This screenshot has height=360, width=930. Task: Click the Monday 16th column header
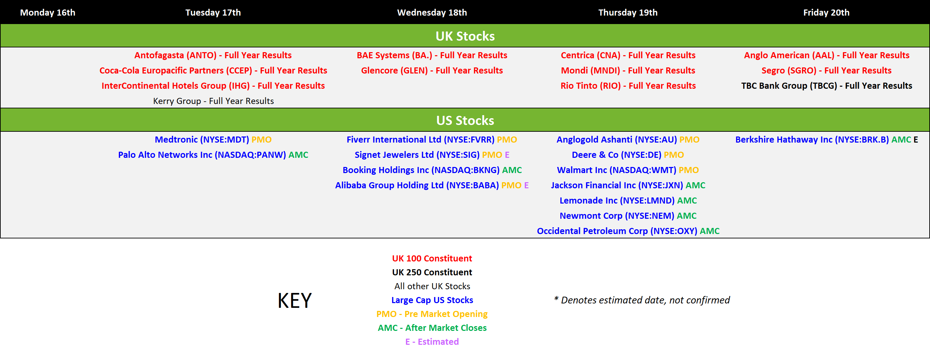click(x=48, y=13)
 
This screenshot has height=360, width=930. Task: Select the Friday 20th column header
click(x=826, y=13)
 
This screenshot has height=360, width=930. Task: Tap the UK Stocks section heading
click(x=465, y=36)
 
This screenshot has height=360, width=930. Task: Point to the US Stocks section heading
click(x=465, y=120)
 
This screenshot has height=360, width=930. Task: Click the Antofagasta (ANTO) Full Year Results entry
click(x=213, y=55)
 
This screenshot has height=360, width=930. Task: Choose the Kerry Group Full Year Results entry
click(x=213, y=101)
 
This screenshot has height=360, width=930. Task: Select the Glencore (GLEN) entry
click(x=432, y=70)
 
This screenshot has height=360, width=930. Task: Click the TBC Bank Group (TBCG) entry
click(x=826, y=86)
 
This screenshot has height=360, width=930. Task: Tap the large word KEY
click(x=295, y=300)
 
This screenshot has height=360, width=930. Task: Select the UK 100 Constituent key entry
click(x=432, y=258)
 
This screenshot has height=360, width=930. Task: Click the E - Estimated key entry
click(x=432, y=342)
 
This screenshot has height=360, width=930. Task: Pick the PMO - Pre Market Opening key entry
click(x=432, y=314)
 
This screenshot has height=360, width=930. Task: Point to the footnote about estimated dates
click(x=642, y=300)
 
